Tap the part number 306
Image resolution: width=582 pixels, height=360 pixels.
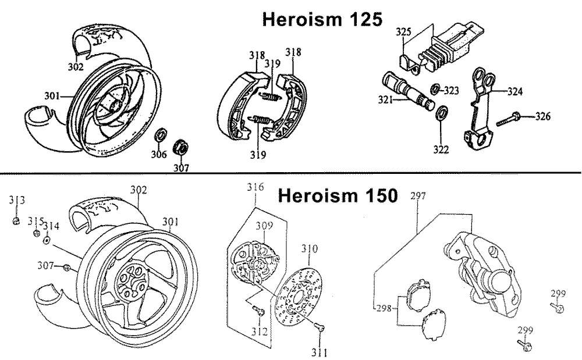[x=158, y=154]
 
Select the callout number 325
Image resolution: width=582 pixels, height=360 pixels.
[x=404, y=31]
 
